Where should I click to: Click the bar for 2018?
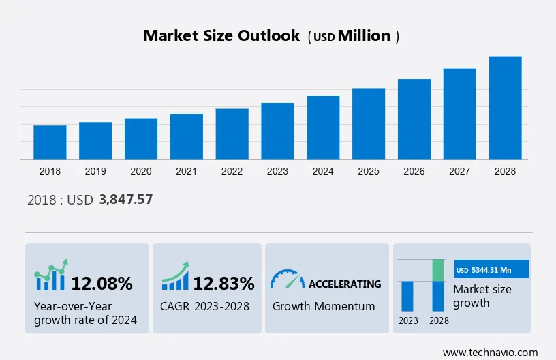(50, 142)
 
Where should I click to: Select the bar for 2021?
(187, 136)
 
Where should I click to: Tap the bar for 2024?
(323, 127)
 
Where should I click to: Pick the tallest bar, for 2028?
(506, 108)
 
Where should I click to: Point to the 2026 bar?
(414, 119)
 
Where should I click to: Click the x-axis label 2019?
(95, 171)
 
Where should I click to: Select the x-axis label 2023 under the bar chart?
(277, 171)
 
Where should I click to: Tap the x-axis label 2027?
(460, 171)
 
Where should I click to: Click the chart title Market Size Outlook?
(221, 36)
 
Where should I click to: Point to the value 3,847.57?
(126, 200)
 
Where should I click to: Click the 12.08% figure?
(102, 284)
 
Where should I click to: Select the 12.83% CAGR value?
(223, 284)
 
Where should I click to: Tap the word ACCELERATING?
(345, 284)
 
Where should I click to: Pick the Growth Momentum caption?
(324, 306)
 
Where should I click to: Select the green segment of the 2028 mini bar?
(438, 270)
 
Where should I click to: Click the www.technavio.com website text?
(490, 352)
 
